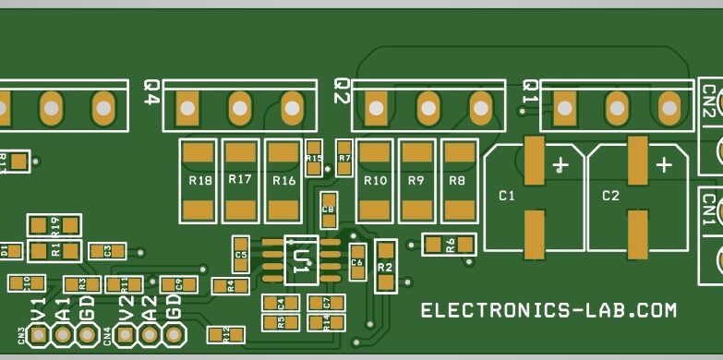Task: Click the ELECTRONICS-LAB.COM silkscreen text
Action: pyautogui.click(x=548, y=311)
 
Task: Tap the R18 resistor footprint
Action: pyautogui.click(x=199, y=180)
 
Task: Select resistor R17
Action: pyautogui.click(x=240, y=180)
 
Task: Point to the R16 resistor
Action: pyautogui.click(x=283, y=180)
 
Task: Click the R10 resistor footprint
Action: pyautogui.click(x=375, y=180)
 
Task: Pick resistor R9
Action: pyautogui.click(x=416, y=180)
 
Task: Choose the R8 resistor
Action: pyautogui.click(x=457, y=180)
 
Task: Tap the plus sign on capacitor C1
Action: pyautogui.click(x=560, y=166)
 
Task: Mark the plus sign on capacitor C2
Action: pyautogui.click(x=663, y=166)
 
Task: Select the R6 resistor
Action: pyautogui.click(x=449, y=245)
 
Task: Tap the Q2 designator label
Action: pyautogui.click(x=341, y=91)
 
